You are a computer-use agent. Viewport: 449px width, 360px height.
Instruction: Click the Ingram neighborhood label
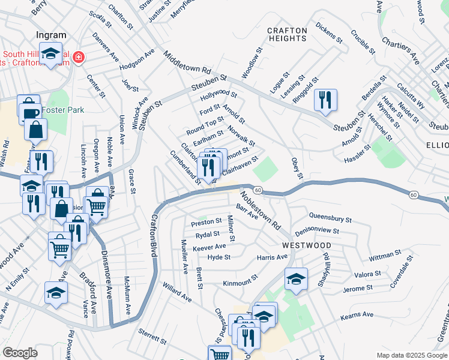[x=50, y=35]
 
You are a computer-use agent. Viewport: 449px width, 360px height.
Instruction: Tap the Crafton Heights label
[x=287, y=34]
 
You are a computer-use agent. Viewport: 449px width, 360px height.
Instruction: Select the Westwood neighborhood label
[x=307, y=246]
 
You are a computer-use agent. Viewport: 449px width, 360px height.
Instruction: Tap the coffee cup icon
[x=29, y=112]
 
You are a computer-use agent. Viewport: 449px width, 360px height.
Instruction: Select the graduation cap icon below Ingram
[x=51, y=52]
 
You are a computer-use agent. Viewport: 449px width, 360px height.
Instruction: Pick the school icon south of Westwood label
[x=296, y=278]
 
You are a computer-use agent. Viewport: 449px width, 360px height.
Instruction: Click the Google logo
[x=20, y=353]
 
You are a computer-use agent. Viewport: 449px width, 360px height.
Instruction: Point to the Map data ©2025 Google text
[x=411, y=355]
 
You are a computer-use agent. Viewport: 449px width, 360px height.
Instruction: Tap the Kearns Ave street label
[x=358, y=315]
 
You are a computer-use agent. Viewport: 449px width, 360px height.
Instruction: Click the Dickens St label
[x=328, y=34]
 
